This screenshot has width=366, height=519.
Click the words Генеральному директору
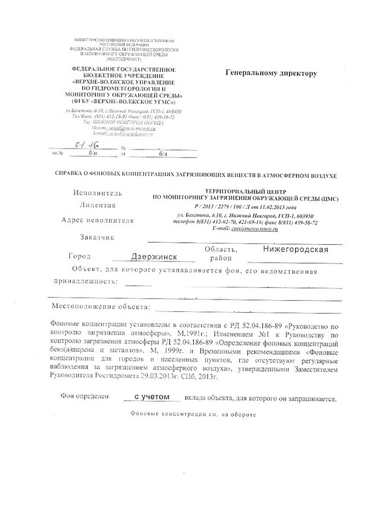click(x=271, y=73)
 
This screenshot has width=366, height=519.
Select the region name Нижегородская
click(x=296, y=249)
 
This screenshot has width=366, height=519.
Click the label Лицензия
click(x=98, y=205)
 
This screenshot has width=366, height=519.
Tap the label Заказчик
click(x=97, y=237)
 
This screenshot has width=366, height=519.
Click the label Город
click(x=78, y=256)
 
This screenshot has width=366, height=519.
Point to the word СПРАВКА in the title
click(x=70, y=174)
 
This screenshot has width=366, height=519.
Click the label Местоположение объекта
click(x=101, y=307)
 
